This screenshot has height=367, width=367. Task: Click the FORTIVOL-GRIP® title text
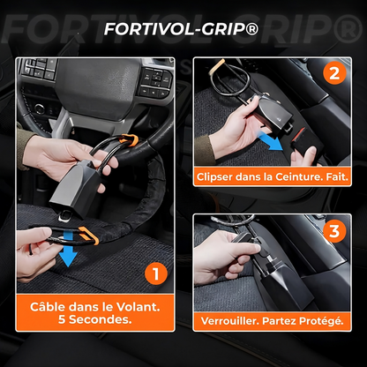(x=183, y=29)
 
